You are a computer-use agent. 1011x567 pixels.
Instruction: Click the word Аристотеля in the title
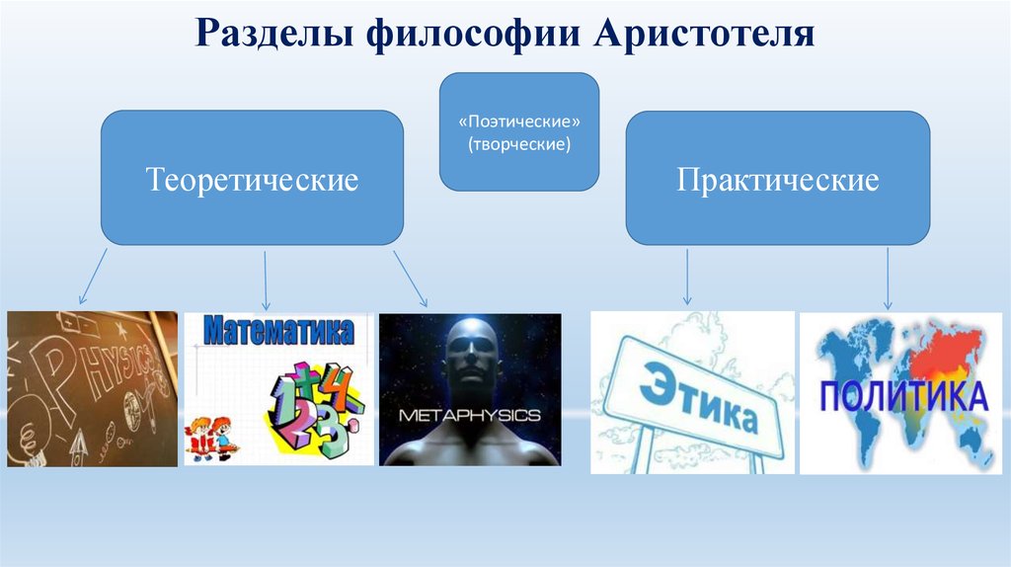(x=704, y=35)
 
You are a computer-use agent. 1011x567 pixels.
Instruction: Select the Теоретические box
(x=252, y=179)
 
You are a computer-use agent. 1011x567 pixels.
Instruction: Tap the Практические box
(x=778, y=179)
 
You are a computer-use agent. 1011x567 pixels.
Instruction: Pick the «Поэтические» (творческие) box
(x=519, y=131)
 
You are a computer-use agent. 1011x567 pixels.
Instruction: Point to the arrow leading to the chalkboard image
(x=94, y=278)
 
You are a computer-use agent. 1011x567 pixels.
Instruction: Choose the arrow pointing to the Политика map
(x=888, y=278)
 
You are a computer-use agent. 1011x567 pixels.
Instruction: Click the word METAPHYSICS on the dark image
(x=469, y=416)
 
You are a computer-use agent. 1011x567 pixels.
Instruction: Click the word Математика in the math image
(x=278, y=331)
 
